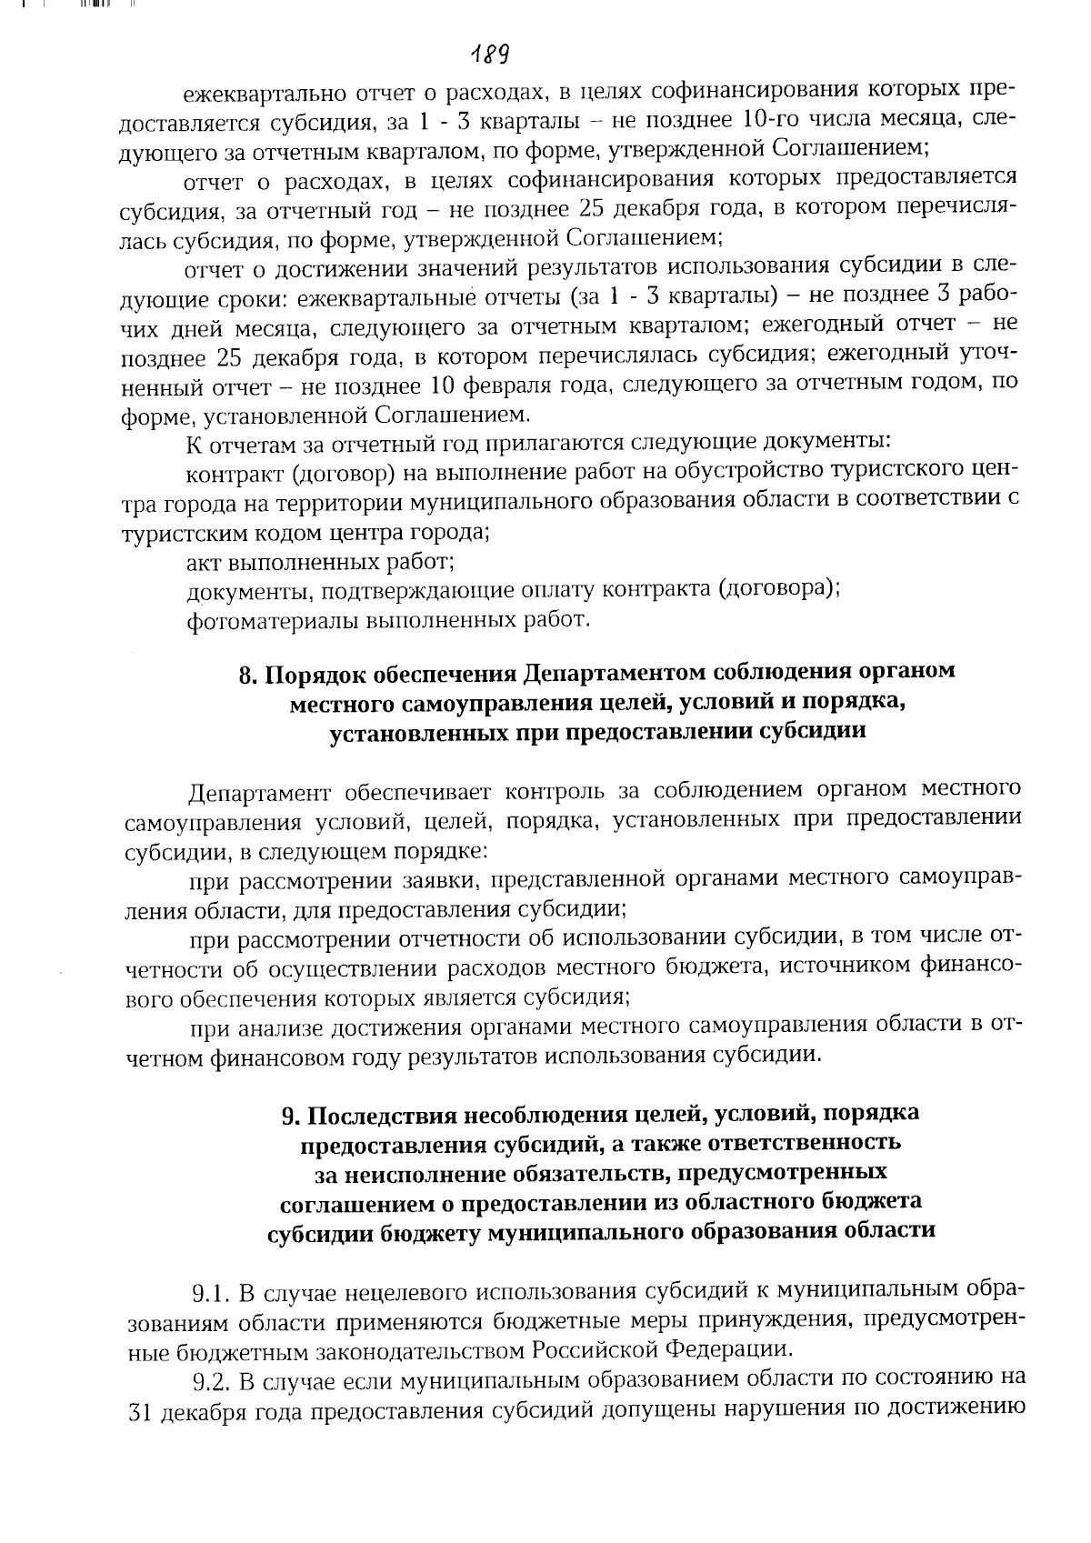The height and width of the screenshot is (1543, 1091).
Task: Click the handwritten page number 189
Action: click(x=489, y=55)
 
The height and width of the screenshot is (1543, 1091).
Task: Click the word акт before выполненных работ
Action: click(x=204, y=561)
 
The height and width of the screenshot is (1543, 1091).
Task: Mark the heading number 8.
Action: click(x=245, y=674)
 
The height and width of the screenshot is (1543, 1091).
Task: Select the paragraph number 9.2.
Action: click(x=210, y=1379)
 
